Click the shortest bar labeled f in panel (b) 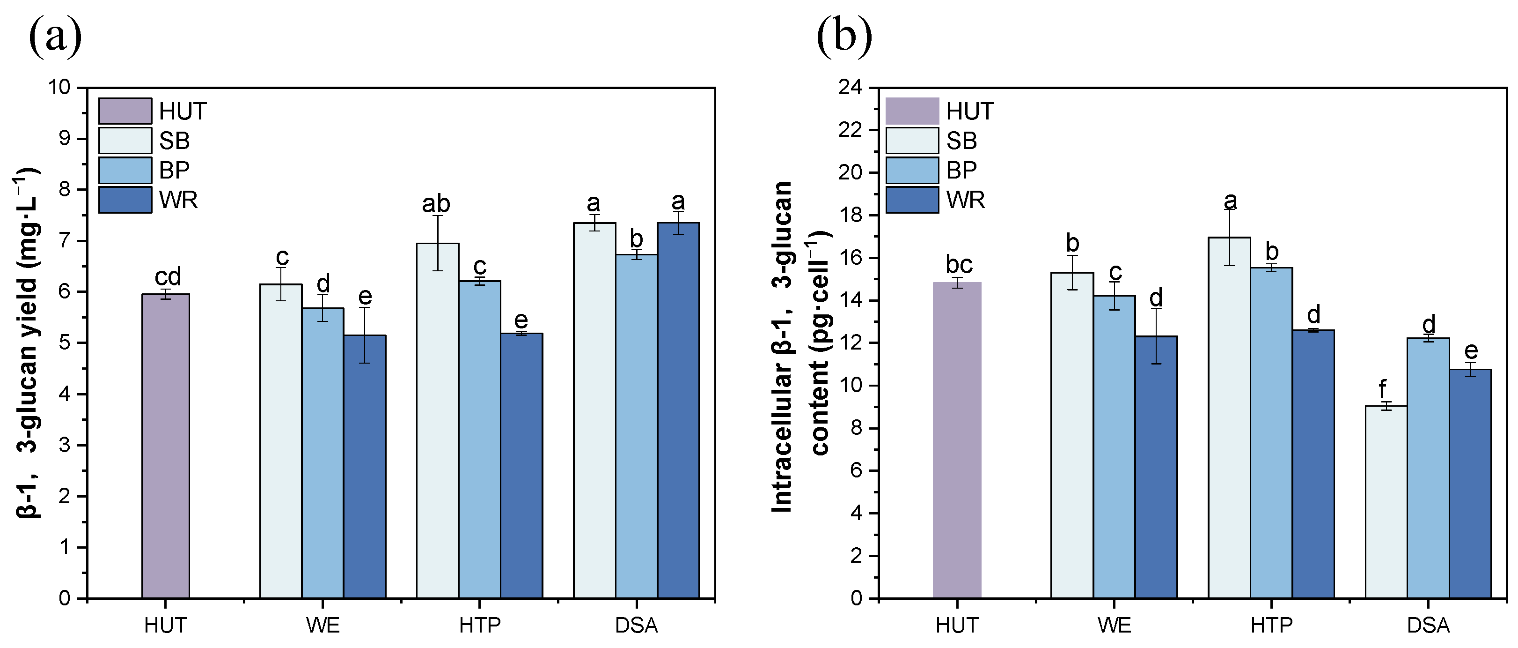1386,502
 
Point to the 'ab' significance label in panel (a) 436,204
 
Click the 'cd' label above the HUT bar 168,276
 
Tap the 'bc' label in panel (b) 959,264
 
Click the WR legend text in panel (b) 965,201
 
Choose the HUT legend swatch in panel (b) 912,111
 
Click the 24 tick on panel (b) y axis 850,87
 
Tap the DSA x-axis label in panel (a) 637,625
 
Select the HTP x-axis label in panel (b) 1272,625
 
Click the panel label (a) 55,37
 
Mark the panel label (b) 844,37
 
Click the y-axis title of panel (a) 27,342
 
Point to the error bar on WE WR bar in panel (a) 365,335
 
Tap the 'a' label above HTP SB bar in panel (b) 1230,201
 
